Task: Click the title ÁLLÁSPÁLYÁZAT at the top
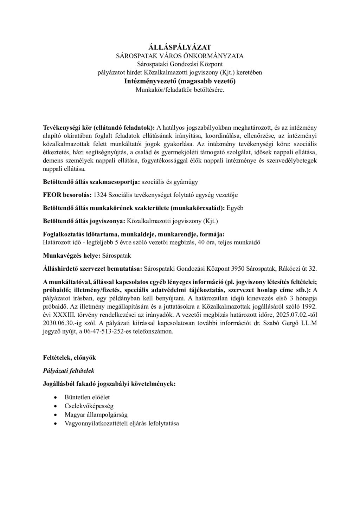coord(180,47)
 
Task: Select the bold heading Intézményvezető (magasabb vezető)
coord(180,81)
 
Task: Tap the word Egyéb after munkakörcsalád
coord(235,208)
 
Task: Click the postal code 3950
coord(237,269)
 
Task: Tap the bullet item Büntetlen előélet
coord(87,397)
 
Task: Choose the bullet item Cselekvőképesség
coord(89,406)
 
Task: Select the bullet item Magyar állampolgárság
coord(96,415)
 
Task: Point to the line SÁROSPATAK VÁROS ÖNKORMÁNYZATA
coord(180,56)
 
